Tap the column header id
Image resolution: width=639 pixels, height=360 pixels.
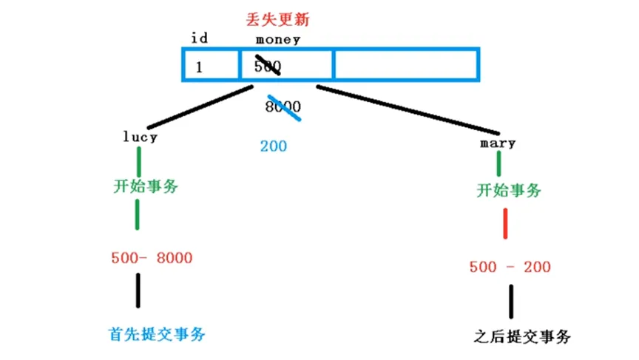click(199, 38)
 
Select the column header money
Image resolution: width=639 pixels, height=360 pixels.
click(277, 38)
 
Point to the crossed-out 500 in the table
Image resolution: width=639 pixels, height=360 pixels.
click(267, 66)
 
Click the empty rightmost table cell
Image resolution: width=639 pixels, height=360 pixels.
click(406, 64)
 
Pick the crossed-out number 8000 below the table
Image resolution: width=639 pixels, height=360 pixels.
click(283, 106)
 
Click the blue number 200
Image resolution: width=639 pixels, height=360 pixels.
click(273, 146)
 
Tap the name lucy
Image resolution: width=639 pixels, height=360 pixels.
click(141, 136)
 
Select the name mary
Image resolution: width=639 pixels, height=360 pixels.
click(497, 142)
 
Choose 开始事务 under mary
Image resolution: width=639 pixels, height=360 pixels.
click(509, 190)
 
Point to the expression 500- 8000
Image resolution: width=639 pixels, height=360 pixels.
click(152, 258)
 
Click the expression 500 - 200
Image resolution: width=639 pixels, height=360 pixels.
click(510, 267)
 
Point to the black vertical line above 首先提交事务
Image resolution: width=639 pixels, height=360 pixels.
click(138, 291)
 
